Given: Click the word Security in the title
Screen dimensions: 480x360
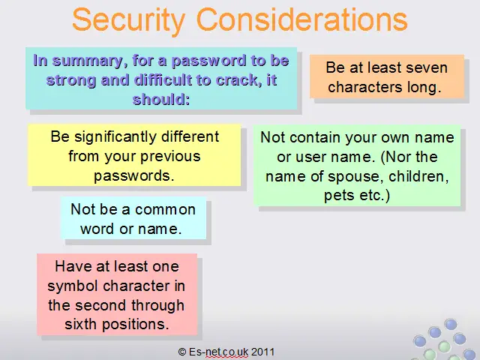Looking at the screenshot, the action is tap(129, 21).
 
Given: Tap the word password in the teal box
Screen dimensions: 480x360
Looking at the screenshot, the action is tap(209, 61).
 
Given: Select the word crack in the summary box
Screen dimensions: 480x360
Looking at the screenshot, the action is tap(237, 80).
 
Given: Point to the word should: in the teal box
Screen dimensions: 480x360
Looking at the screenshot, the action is tap(161, 100).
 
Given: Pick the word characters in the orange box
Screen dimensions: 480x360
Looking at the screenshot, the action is tap(365, 87).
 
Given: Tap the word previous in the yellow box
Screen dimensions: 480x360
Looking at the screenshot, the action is tap(170, 157).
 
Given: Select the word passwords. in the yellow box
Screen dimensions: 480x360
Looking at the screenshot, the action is tap(134, 175).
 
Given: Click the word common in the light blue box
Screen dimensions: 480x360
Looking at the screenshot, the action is tap(165, 210).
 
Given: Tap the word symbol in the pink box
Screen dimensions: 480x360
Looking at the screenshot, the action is tap(73, 286).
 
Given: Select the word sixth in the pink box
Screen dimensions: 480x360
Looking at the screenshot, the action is tap(81, 324).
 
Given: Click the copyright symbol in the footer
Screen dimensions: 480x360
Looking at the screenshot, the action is tap(182, 352).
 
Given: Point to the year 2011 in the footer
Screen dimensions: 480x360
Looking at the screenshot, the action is tap(263, 352).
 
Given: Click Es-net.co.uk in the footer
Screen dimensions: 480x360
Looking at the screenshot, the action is tap(218, 352).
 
